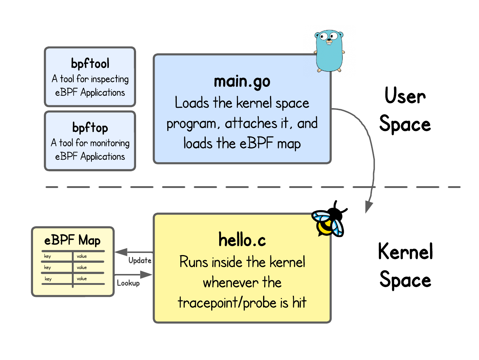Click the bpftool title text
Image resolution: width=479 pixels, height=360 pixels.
(90, 64)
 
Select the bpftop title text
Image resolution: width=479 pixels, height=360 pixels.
(90, 128)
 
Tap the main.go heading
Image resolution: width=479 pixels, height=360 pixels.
(242, 82)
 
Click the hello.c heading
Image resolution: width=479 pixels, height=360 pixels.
(242, 240)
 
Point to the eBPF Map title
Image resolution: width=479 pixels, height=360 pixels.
(72, 240)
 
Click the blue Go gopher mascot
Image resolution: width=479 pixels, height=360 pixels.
(329, 51)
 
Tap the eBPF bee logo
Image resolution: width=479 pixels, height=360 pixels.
(327, 224)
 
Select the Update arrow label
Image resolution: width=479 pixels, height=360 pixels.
(140, 261)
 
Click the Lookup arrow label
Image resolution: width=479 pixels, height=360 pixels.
(128, 283)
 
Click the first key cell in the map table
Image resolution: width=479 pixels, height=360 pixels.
(48, 256)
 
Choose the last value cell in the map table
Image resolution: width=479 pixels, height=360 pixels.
(82, 279)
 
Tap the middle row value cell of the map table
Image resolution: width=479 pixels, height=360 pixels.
(82, 267)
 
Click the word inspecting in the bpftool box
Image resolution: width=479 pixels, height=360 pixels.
(110, 79)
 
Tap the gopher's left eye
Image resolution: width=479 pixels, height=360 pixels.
(323, 36)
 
